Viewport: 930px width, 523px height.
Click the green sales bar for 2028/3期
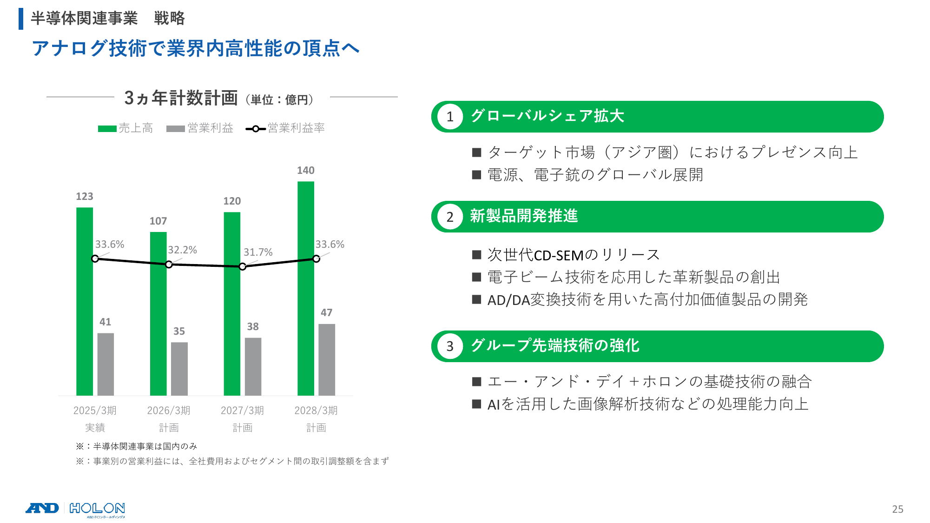[306, 288]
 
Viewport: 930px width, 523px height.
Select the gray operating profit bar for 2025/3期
[106, 364]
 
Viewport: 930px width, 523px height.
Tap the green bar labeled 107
[158, 314]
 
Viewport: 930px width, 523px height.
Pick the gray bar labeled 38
[253, 366]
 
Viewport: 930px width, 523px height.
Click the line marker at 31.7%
[242, 266]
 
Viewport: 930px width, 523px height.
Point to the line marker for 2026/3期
[169, 264]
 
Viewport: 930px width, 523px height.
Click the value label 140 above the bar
[306, 170]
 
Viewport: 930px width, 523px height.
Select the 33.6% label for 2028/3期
[330, 244]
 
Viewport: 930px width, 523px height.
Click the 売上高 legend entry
[125, 128]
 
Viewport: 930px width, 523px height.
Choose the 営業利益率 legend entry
[285, 128]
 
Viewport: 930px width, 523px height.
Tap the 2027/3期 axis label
[242, 410]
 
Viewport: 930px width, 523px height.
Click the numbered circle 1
[450, 117]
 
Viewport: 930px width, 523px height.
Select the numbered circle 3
[450, 346]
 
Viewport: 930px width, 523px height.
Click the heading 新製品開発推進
[524, 216]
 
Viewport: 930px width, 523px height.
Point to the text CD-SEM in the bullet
[559, 255]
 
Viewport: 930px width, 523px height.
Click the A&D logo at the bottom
[42, 508]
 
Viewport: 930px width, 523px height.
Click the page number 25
[897, 509]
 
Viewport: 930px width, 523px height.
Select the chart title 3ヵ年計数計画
[181, 98]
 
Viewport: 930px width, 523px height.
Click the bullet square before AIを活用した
[476, 404]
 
